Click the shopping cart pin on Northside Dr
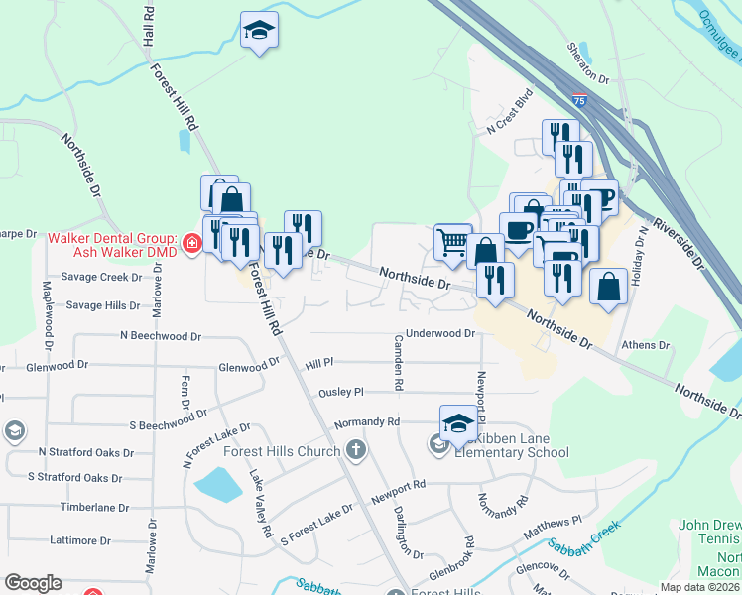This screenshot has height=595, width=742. [452, 240]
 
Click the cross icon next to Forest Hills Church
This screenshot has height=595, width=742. [356, 451]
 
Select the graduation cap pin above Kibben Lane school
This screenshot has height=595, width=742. [458, 422]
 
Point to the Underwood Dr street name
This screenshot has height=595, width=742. [441, 334]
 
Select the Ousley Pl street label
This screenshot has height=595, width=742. [341, 393]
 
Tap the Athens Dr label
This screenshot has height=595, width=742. [645, 345]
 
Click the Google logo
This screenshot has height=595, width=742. [33, 583]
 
